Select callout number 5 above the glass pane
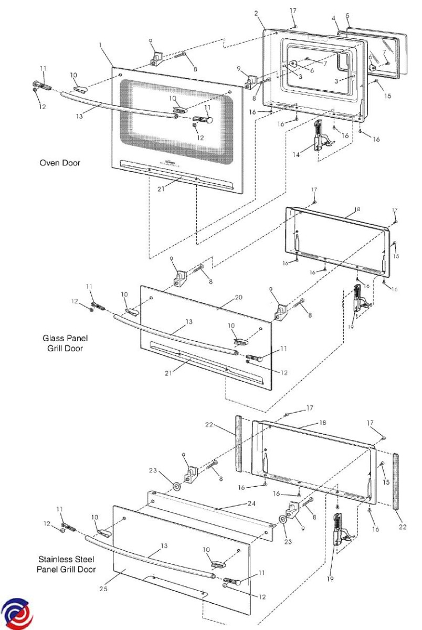pos(347,16)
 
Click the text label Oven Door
pos(60,163)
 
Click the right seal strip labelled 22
pos(397,478)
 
